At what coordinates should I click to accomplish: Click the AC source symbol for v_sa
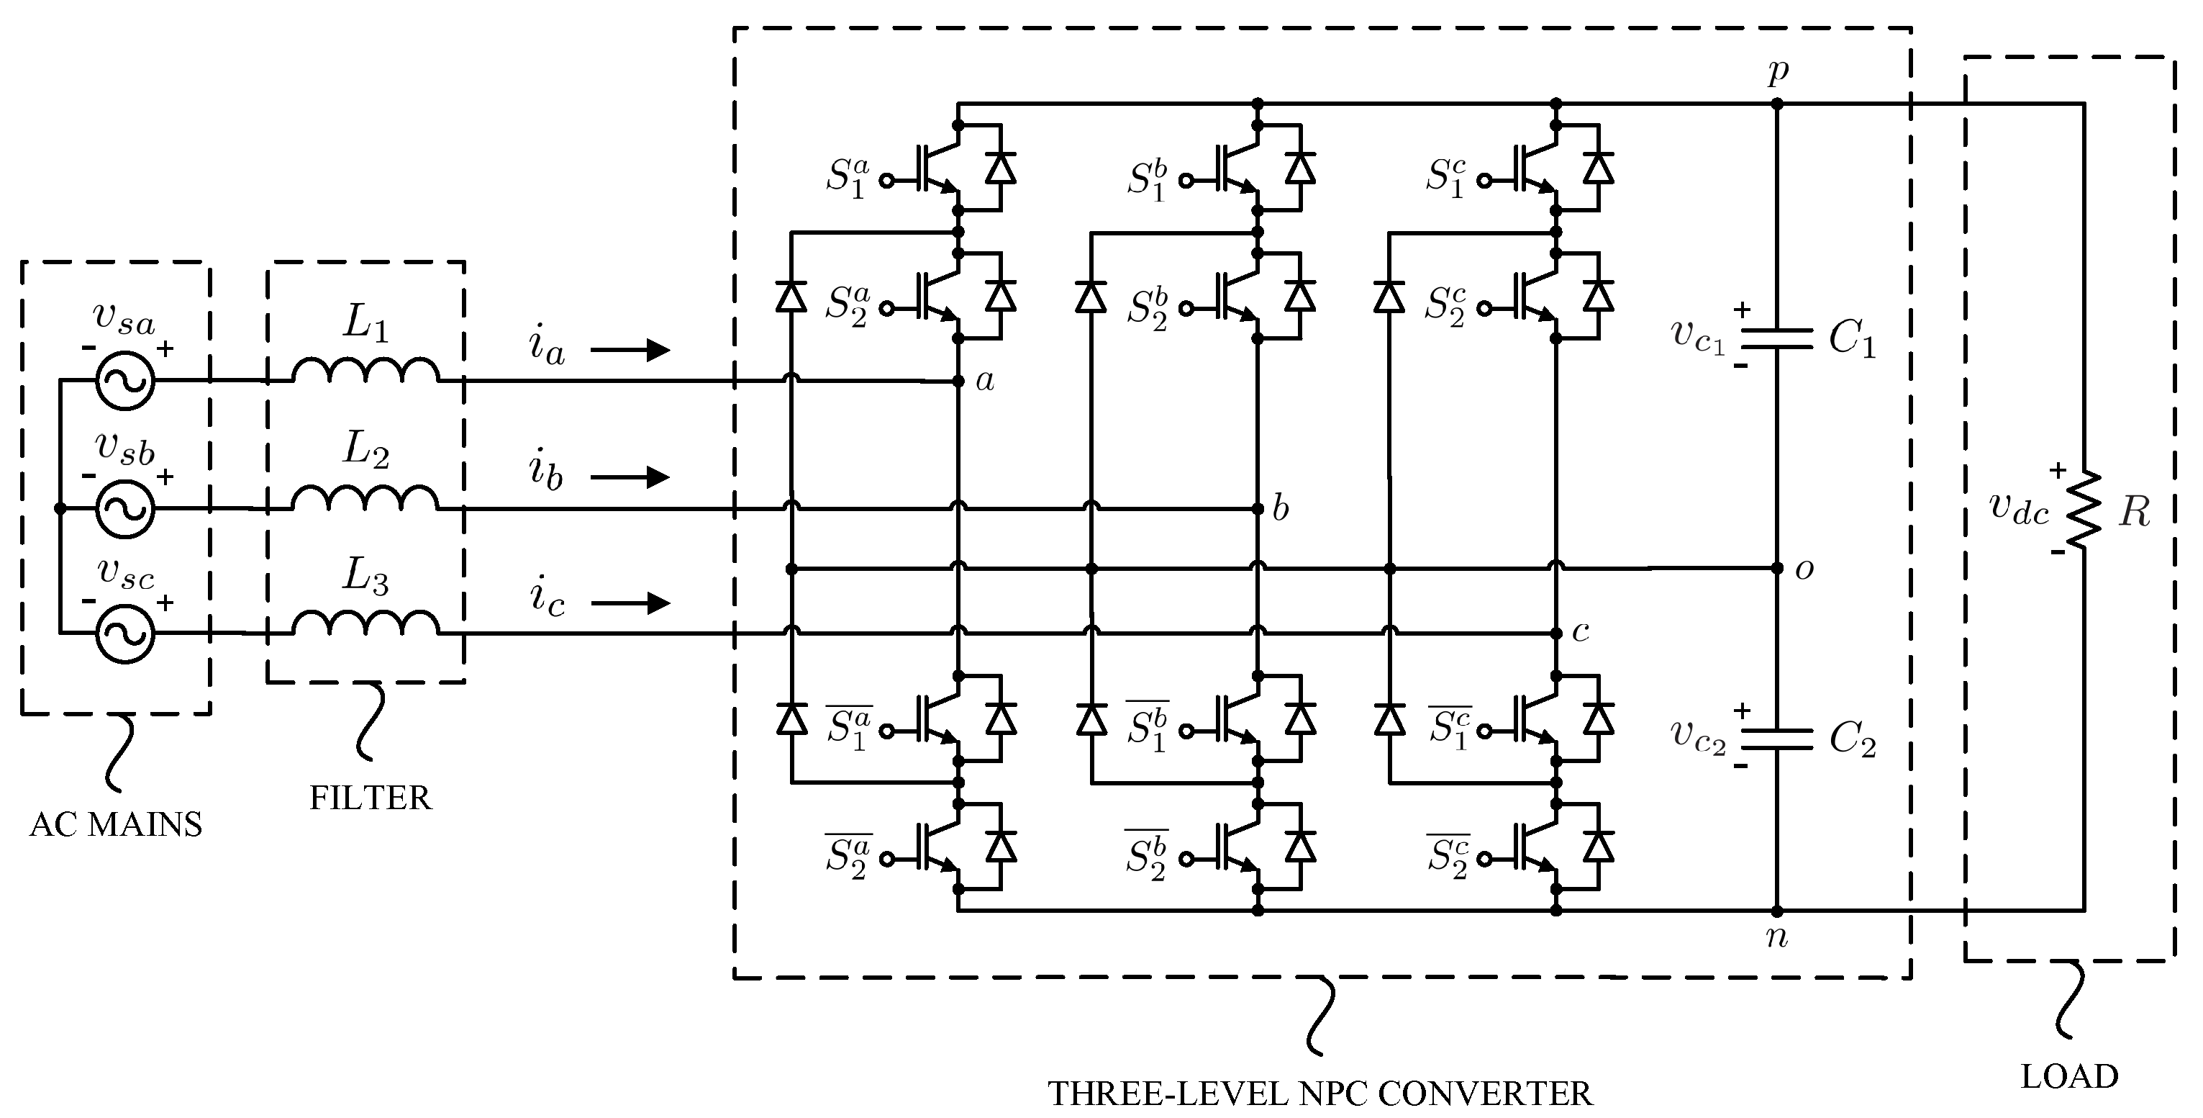point(125,381)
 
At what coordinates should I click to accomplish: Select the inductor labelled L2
point(365,499)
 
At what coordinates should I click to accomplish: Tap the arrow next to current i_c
point(631,604)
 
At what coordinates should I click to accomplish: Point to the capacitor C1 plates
point(1777,340)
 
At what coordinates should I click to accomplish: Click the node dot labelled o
point(1777,568)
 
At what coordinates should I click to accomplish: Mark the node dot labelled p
point(1777,104)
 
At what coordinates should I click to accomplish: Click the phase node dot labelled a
point(958,382)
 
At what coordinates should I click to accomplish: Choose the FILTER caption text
point(371,798)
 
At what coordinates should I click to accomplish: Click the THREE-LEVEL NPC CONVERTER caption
point(1321,1094)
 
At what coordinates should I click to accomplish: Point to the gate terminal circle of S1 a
point(888,181)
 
